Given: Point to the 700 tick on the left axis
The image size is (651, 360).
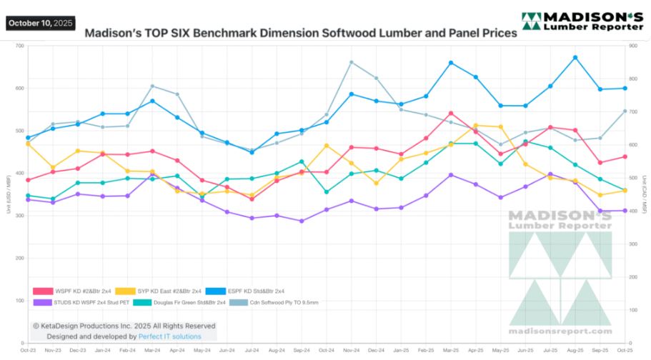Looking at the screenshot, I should coord(19,46).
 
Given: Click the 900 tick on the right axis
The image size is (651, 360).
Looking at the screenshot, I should coord(631,46).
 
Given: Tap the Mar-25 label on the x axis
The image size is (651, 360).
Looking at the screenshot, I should coord(451,349).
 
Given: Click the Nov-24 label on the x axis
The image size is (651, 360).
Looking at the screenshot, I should coord(352,349).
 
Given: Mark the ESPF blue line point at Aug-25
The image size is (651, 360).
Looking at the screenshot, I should coord(575,57).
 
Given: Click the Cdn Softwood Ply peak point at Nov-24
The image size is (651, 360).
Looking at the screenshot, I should coord(352,62).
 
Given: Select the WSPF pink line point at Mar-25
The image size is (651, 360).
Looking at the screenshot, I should coord(451,113).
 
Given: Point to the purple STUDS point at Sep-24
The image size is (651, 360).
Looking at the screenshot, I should coord(302,221).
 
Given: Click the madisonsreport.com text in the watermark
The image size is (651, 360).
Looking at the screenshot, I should coord(560,331).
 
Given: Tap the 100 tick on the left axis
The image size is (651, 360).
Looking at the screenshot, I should coord(19,300).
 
